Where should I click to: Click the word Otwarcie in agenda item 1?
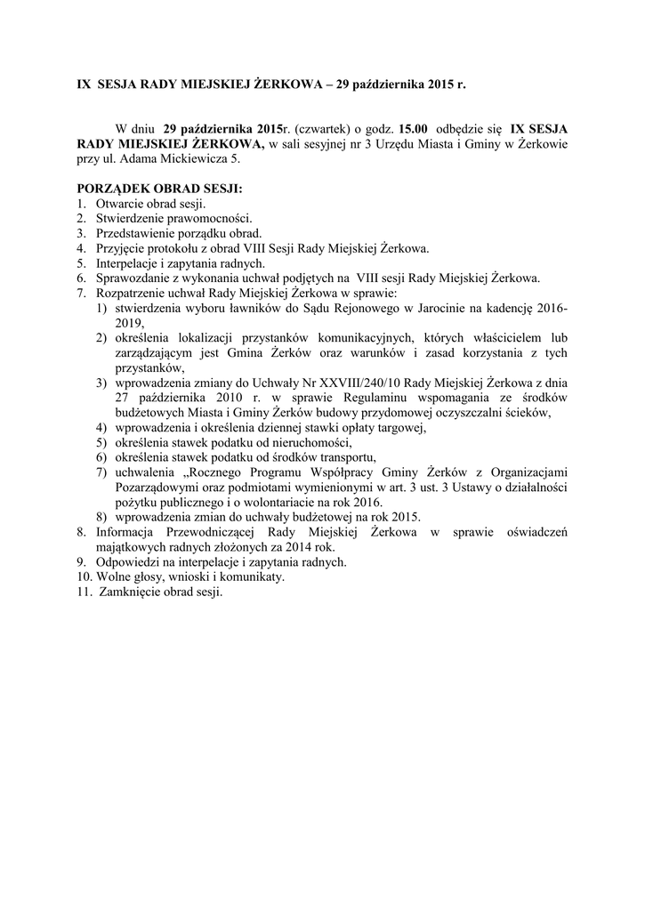(x=118, y=204)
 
